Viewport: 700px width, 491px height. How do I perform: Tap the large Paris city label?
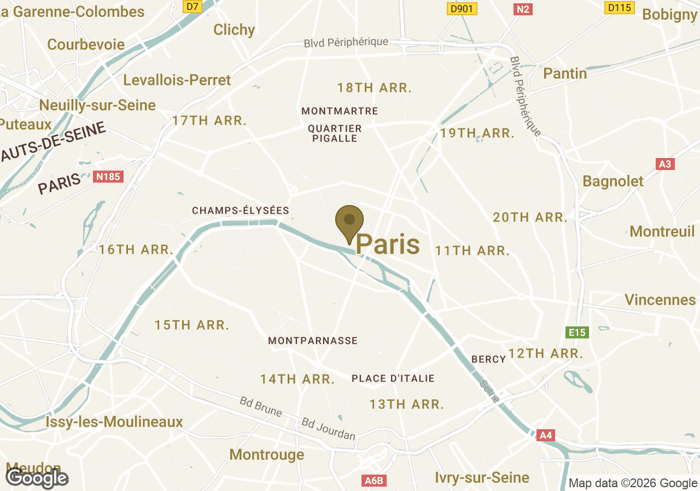(388, 244)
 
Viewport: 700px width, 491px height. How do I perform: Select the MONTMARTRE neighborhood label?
(340, 111)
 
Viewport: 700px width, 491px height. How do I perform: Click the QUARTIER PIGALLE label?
(335, 133)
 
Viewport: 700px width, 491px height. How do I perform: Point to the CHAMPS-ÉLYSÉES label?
(240, 211)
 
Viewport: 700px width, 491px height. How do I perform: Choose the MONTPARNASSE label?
(312, 341)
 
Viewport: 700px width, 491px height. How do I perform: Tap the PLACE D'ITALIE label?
(393, 378)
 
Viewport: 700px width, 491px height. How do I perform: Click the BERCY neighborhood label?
(488, 359)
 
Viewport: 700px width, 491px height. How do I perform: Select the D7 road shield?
(191, 6)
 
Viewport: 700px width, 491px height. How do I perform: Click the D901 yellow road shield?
(462, 9)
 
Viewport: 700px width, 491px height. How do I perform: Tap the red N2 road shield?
(523, 9)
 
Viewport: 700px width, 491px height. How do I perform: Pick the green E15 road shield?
(577, 332)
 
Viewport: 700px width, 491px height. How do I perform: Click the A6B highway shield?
(375, 481)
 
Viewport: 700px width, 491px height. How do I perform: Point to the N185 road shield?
(108, 177)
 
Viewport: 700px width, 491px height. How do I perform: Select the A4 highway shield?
(546, 435)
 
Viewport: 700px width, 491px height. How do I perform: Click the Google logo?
(37, 478)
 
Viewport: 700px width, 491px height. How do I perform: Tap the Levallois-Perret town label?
(177, 80)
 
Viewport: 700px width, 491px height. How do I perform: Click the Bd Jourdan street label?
(328, 429)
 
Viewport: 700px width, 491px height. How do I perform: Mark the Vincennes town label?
(660, 300)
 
